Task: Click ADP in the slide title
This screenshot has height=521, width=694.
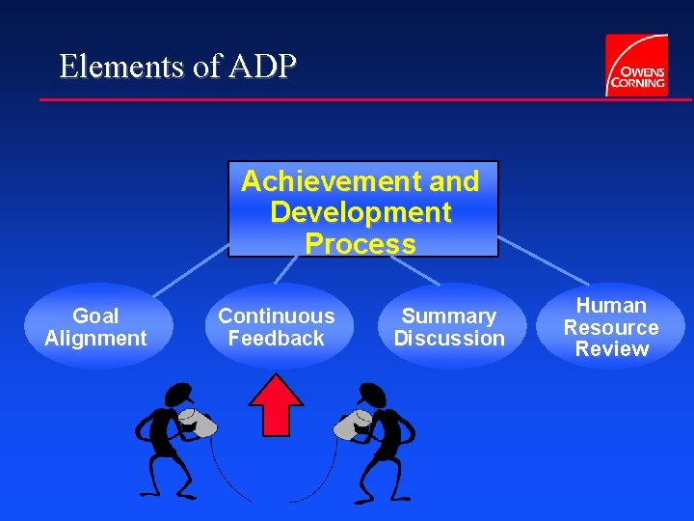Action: coord(263,67)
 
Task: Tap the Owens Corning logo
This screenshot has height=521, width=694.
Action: coord(635,65)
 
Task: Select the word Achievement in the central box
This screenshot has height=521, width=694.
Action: coord(322,181)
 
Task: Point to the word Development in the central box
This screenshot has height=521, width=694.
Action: coord(360,212)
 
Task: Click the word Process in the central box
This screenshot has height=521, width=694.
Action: coord(360,243)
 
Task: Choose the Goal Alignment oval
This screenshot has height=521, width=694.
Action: coord(95,326)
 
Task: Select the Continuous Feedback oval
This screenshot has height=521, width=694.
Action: coord(276,326)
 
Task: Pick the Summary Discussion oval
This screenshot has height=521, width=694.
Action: coord(449,326)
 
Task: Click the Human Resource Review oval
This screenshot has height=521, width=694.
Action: coord(611,326)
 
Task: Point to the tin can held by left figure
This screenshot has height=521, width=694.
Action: coord(200,423)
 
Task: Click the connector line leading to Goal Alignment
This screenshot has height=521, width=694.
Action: coord(188,270)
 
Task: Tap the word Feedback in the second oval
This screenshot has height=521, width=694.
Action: coord(276,338)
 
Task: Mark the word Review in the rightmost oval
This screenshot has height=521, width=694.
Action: coord(611,349)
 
